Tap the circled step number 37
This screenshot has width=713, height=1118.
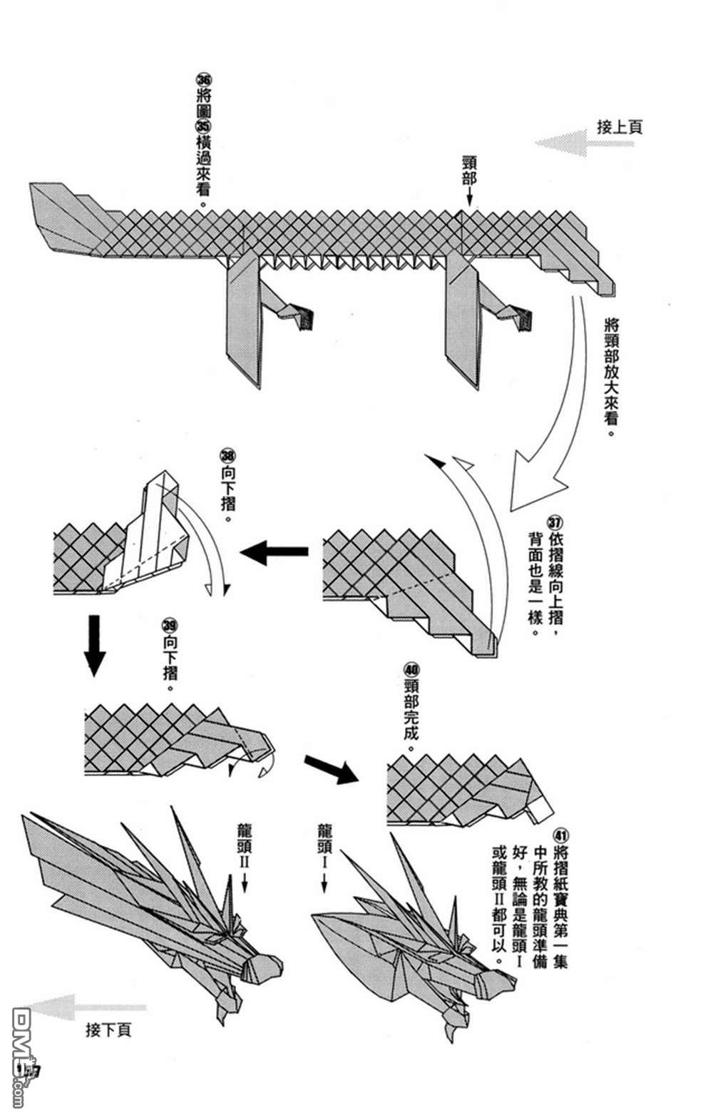556,522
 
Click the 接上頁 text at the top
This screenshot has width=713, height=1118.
619,128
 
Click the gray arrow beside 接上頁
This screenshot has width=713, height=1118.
583,143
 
